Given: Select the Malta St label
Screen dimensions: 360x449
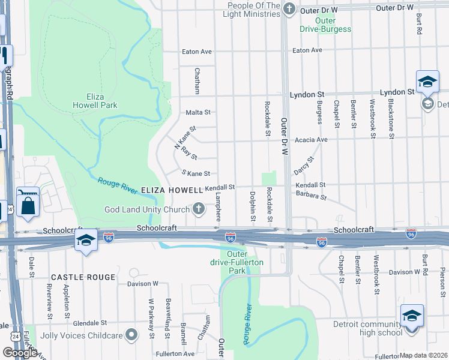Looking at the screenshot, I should click(x=199, y=112).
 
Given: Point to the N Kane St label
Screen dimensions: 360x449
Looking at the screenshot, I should click(x=185, y=137).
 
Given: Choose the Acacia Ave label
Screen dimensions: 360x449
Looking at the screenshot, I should click(x=314, y=140).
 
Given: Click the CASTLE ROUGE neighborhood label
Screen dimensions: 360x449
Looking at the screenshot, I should click(x=83, y=277).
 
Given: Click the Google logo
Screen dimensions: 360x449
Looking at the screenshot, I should click(x=19, y=353).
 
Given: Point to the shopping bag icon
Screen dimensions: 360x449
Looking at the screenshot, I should click(x=28, y=206).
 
